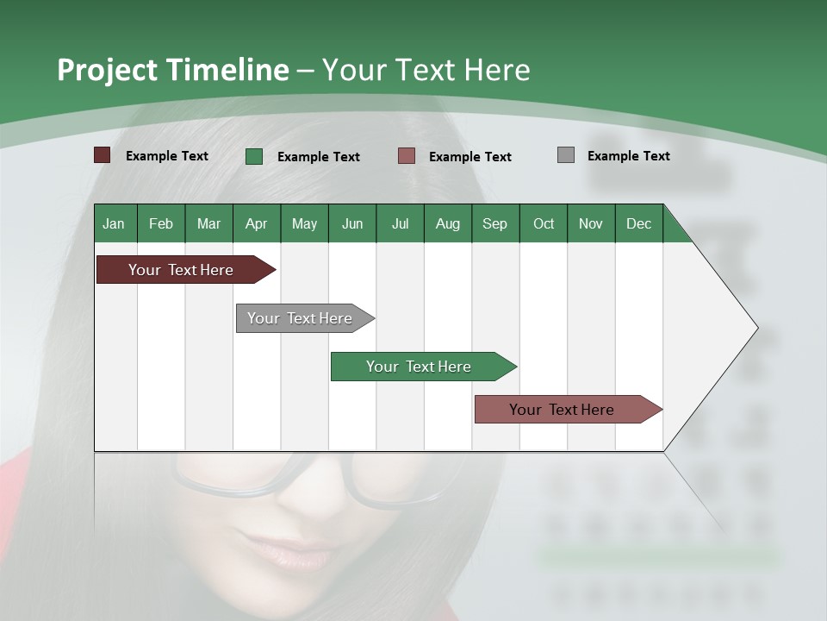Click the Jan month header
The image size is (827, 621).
pyautogui.click(x=115, y=223)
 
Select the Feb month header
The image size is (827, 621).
pyautogui.click(x=161, y=223)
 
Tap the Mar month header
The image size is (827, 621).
pyautogui.click(x=208, y=223)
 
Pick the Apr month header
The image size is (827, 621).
pyautogui.click(x=257, y=223)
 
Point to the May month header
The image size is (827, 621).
pyautogui.click(x=304, y=223)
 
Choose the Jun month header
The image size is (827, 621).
pyautogui.click(x=352, y=223)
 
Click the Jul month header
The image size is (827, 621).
pyautogui.click(x=400, y=223)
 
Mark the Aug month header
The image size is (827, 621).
pyautogui.click(x=448, y=223)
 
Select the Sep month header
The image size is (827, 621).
pyautogui.click(x=495, y=223)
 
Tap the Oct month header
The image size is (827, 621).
pyautogui.click(x=544, y=223)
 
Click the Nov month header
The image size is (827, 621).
pyautogui.click(x=591, y=223)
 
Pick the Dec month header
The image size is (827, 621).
pyautogui.click(x=638, y=223)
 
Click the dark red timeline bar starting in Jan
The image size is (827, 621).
pyautogui.click(x=182, y=270)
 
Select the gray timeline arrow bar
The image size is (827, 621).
pyautogui.click(x=301, y=318)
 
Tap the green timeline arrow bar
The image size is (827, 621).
pyautogui.click(x=420, y=367)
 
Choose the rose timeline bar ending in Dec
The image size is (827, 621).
pyautogui.click(x=563, y=410)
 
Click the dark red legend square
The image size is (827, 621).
pyautogui.click(x=103, y=155)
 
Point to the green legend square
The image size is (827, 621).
pyautogui.click(x=254, y=156)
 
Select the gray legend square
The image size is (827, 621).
pyautogui.click(x=566, y=155)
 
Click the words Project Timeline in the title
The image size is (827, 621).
pyautogui.click(x=173, y=70)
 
